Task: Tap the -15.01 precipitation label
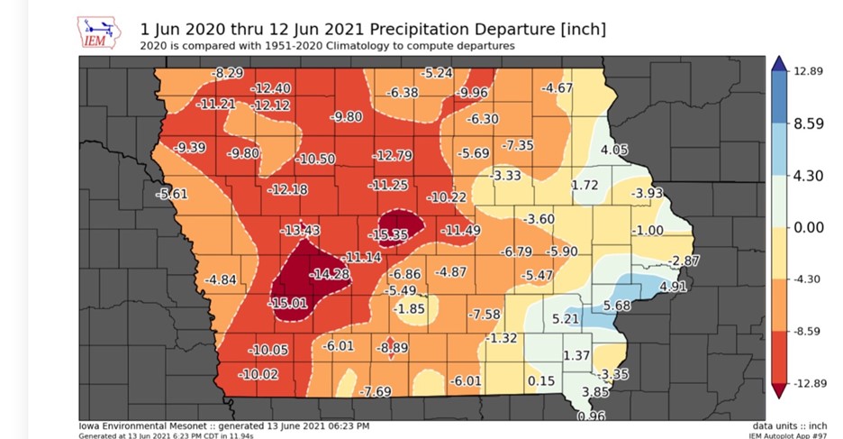[287, 303]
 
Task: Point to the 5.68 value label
[617, 306]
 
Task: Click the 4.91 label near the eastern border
[674, 288]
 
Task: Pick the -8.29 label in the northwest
[228, 71]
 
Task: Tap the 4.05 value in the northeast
[614, 150]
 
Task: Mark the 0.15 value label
[540, 381]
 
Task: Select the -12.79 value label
[392, 156]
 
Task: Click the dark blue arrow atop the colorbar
[779, 63]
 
